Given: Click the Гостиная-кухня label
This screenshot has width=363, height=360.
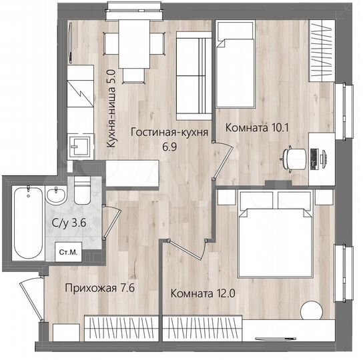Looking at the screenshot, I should (169, 132).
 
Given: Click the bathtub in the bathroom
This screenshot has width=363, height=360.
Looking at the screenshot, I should (27, 223).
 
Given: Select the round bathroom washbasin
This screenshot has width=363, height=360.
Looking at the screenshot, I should (56, 196).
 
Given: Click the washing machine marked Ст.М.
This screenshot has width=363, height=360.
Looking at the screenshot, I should (67, 253).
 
